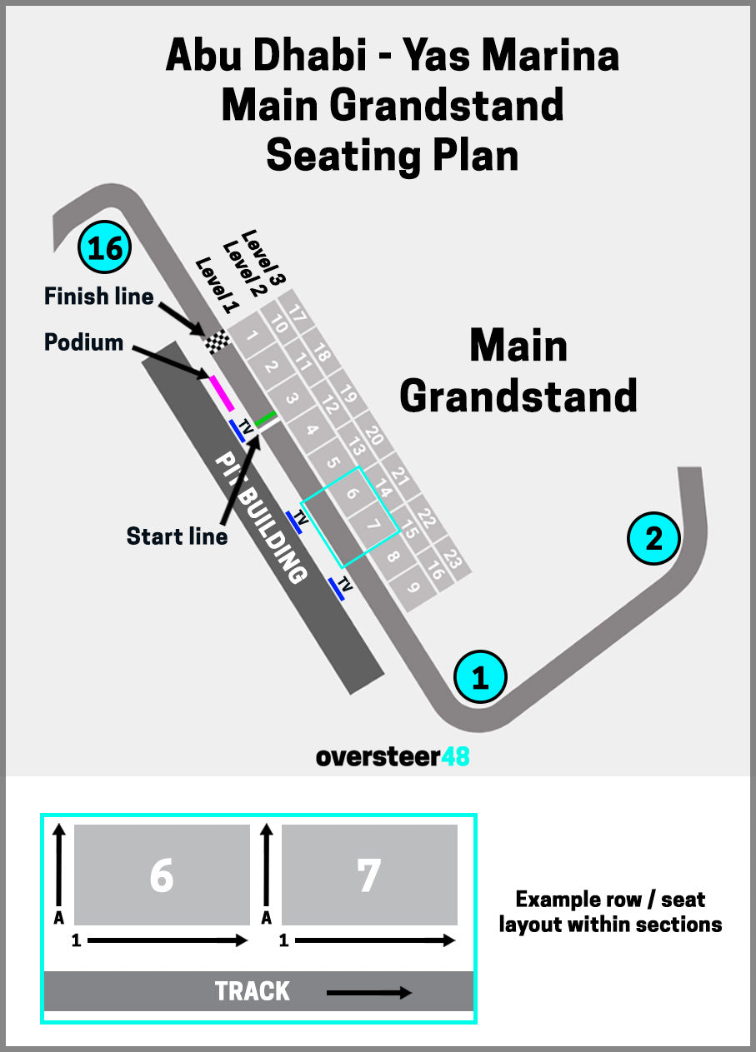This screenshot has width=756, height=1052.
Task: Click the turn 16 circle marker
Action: tap(105, 247)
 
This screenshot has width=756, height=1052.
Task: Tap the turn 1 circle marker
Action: tap(480, 676)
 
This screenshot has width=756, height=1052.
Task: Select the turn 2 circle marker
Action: tap(654, 539)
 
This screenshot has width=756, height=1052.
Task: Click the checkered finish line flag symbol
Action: tap(218, 342)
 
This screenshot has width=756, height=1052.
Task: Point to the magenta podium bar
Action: tap(221, 392)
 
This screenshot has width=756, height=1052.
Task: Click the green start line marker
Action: tap(266, 418)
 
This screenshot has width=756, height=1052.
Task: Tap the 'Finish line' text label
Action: tap(98, 296)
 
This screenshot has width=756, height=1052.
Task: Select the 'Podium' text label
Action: tap(83, 342)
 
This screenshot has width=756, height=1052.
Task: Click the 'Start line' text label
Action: tap(177, 536)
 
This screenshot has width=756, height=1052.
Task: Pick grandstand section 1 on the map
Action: tap(252, 337)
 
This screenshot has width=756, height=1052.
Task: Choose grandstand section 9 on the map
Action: tap(413, 586)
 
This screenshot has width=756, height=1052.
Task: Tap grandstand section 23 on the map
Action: tap(452, 557)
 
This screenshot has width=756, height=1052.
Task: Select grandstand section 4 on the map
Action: tap(312, 431)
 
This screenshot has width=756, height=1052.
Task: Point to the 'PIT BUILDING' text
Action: tap(261, 516)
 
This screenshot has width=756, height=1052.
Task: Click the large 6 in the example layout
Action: tap(162, 875)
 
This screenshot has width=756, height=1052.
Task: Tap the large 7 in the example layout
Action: tap(368, 875)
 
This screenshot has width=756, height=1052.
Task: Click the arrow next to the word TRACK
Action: tap(368, 992)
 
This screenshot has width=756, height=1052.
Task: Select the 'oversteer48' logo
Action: tap(392, 756)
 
